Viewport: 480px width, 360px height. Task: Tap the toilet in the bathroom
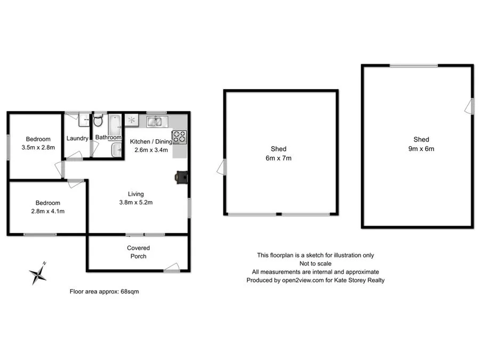[98, 121]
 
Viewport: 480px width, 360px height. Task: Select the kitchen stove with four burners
[179, 137]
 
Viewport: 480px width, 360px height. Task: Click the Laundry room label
[77, 139]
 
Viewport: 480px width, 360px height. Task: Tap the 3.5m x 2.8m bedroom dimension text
[38, 148]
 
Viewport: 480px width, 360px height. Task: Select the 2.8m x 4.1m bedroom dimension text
[48, 211]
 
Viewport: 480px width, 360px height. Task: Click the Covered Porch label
[138, 252]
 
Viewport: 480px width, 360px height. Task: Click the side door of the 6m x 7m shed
[220, 167]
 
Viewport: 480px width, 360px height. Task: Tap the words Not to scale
[315, 263]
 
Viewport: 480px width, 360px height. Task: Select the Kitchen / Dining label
[151, 141]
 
